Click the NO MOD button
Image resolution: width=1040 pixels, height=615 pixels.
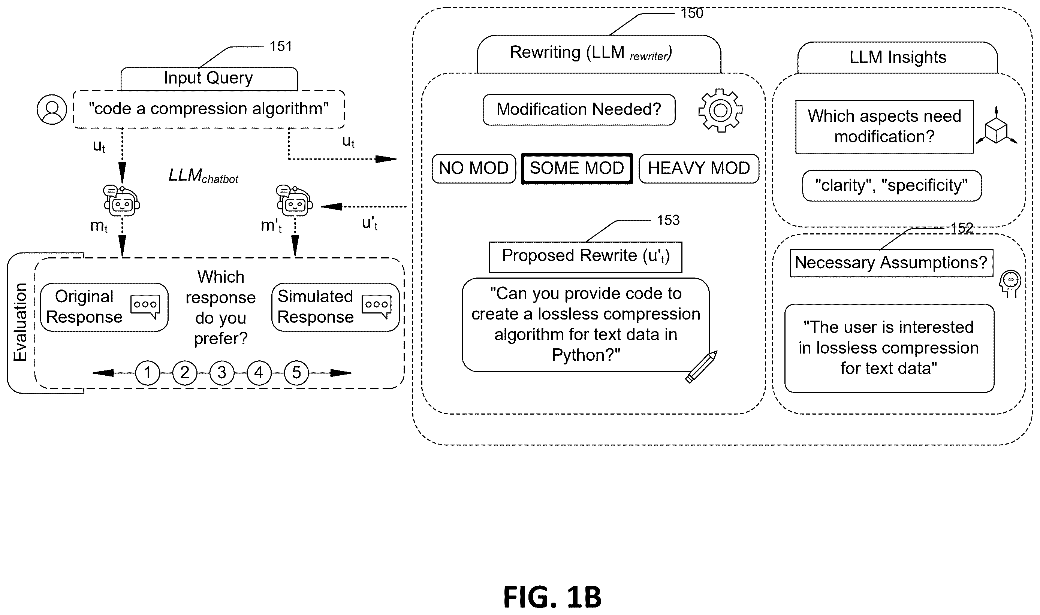(474, 168)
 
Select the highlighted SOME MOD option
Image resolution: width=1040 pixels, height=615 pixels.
(576, 168)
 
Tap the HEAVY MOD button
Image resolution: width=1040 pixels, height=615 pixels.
(699, 168)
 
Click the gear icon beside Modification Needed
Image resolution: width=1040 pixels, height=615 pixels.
(720, 110)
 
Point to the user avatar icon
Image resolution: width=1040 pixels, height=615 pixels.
(52, 109)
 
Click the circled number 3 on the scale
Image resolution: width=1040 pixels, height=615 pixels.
(222, 373)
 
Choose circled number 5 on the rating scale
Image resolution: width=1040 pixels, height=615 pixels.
(296, 373)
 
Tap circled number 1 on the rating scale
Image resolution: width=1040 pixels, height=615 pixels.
(148, 373)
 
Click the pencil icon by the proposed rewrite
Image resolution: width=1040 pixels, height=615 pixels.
(701, 367)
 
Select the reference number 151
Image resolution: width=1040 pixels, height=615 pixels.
(281, 46)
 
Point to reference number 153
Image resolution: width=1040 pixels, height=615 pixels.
(668, 220)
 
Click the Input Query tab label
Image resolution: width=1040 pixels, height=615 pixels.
(209, 78)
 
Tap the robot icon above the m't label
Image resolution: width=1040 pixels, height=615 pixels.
(295, 201)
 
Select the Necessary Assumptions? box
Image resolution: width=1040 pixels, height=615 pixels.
(891, 263)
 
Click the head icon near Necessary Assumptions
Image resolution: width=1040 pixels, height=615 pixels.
(1010, 284)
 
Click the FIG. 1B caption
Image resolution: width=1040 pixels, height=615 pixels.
(552, 597)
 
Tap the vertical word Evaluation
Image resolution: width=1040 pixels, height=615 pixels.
(20, 322)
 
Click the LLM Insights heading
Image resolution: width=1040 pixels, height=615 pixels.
(898, 57)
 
